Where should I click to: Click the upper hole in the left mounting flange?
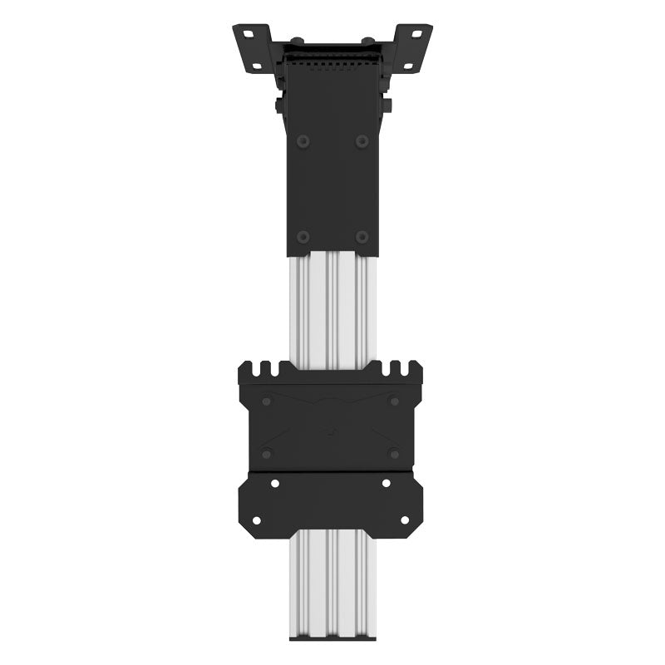point(248,34)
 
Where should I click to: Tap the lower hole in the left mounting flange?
point(257,65)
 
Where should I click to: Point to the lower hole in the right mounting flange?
point(407,65)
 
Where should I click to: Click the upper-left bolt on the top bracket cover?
point(303,140)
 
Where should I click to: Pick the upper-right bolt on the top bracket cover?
point(362,140)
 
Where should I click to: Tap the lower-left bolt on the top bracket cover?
point(303,237)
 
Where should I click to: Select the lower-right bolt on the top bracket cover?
point(362,237)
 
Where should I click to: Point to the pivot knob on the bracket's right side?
point(387,105)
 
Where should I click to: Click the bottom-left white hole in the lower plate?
point(256,520)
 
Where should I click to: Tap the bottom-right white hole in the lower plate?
point(405,520)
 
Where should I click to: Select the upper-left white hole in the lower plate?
point(275,483)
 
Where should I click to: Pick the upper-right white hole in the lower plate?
point(386,483)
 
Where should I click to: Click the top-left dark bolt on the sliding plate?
point(266,401)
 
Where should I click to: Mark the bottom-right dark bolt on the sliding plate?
point(393,453)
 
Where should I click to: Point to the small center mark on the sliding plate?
point(330,431)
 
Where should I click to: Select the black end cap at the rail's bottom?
point(332,638)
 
